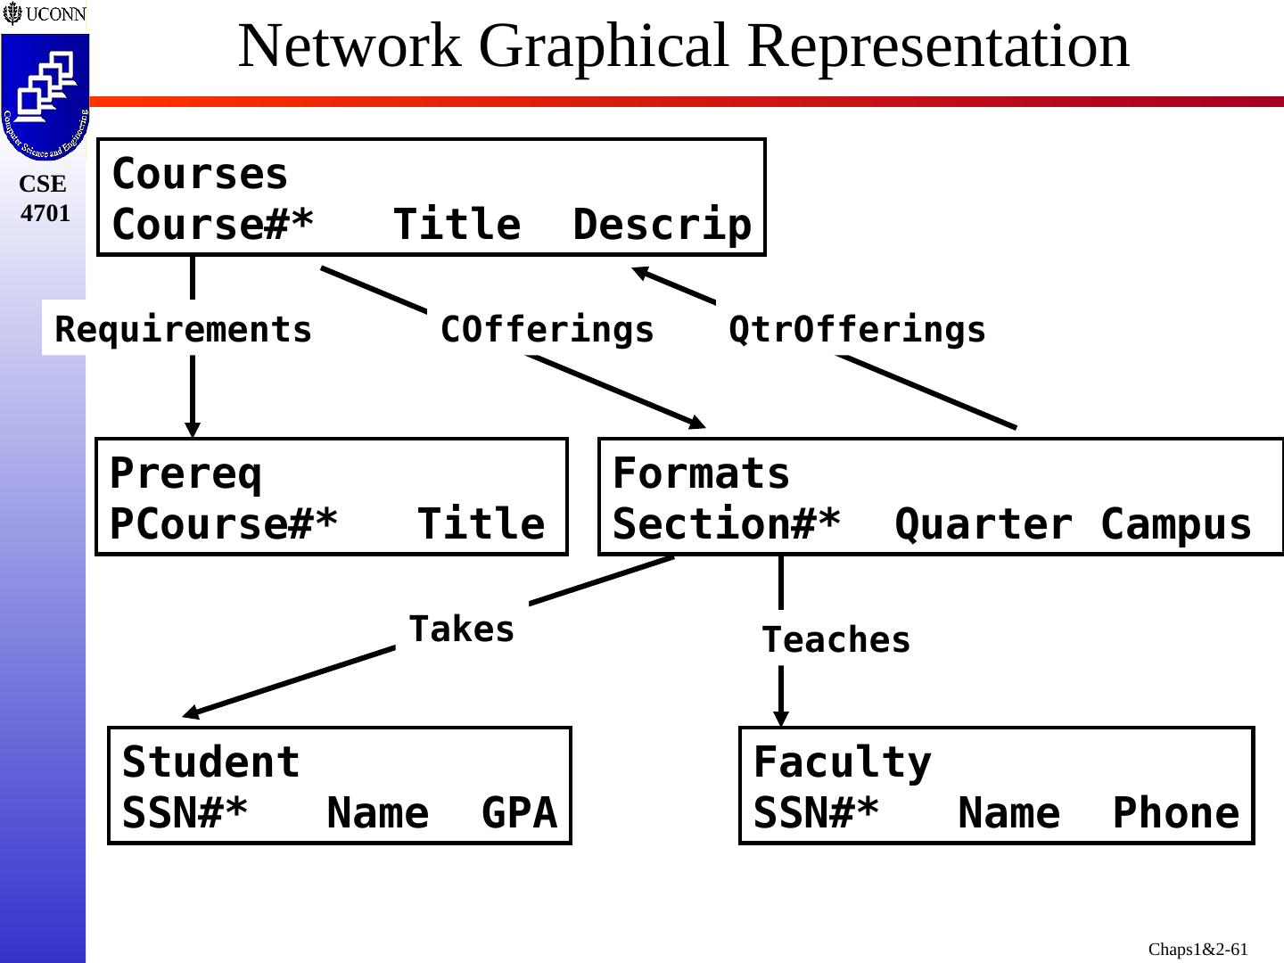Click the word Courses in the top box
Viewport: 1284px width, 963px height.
click(x=200, y=174)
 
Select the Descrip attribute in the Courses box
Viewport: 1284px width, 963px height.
click(x=662, y=225)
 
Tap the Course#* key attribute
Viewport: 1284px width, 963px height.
click(x=213, y=225)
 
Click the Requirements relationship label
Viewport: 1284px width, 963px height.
click(x=184, y=330)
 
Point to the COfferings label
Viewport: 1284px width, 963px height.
click(x=547, y=330)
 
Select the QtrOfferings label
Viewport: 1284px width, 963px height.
click(x=857, y=330)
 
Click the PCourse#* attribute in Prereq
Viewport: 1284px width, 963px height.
click(x=224, y=524)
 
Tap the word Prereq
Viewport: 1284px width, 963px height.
click(x=185, y=473)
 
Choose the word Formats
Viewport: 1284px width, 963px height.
click(x=701, y=473)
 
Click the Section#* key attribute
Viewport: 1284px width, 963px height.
click(x=727, y=524)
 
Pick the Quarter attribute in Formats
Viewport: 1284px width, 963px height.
click(x=984, y=524)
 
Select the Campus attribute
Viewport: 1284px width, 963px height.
click(x=1176, y=524)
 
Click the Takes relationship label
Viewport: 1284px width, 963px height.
click(x=462, y=630)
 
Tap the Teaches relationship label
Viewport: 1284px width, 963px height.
click(x=836, y=640)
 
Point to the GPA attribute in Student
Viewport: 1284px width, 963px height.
click(x=519, y=813)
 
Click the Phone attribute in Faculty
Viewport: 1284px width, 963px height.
click(x=1176, y=813)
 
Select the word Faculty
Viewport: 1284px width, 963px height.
click(x=842, y=762)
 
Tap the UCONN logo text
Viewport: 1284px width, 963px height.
click(x=55, y=14)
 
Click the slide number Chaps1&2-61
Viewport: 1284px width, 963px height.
click(x=1198, y=950)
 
